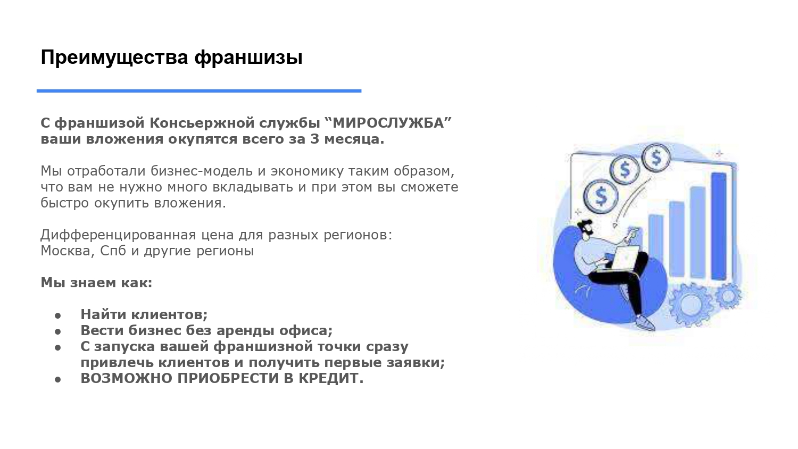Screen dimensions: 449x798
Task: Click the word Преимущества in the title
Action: click(114, 57)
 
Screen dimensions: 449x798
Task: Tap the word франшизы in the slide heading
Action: click(248, 57)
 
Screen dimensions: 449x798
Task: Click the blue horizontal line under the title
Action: click(199, 91)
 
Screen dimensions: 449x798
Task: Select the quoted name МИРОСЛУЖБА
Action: click(388, 123)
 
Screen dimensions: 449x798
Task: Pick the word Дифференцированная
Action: click(116, 235)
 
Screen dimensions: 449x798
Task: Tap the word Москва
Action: click(67, 251)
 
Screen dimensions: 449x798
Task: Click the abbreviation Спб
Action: click(113, 251)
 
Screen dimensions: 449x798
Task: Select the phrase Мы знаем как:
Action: click(96, 282)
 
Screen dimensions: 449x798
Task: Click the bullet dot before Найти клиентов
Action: click(58, 315)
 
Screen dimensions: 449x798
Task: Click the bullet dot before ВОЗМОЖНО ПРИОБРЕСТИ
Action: click(58, 379)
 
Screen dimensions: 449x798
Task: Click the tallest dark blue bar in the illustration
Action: click(719, 226)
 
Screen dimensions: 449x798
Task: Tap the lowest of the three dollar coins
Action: click(601, 196)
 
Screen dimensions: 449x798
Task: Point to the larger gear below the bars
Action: click(689, 304)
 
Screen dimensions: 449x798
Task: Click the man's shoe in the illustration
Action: click(644, 322)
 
